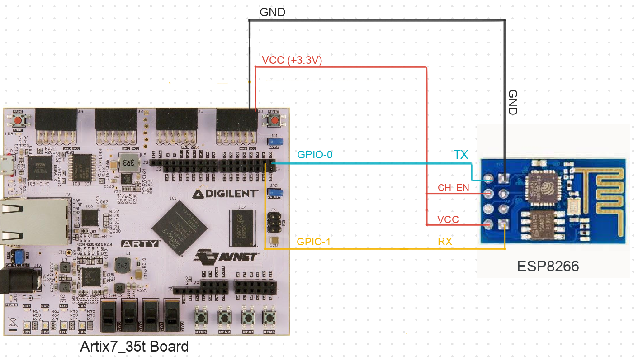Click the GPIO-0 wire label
pos(314,155)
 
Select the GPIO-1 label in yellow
pos(313,242)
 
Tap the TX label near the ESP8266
pos(461,155)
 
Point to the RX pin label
pos(445,242)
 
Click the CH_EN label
pos(454,187)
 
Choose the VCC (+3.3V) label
pos(292,61)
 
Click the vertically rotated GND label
pos(513,102)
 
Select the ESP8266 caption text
pos(548,267)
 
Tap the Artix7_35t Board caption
pos(134,347)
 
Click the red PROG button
pos(19,121)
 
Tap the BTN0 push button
pos(269,319)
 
